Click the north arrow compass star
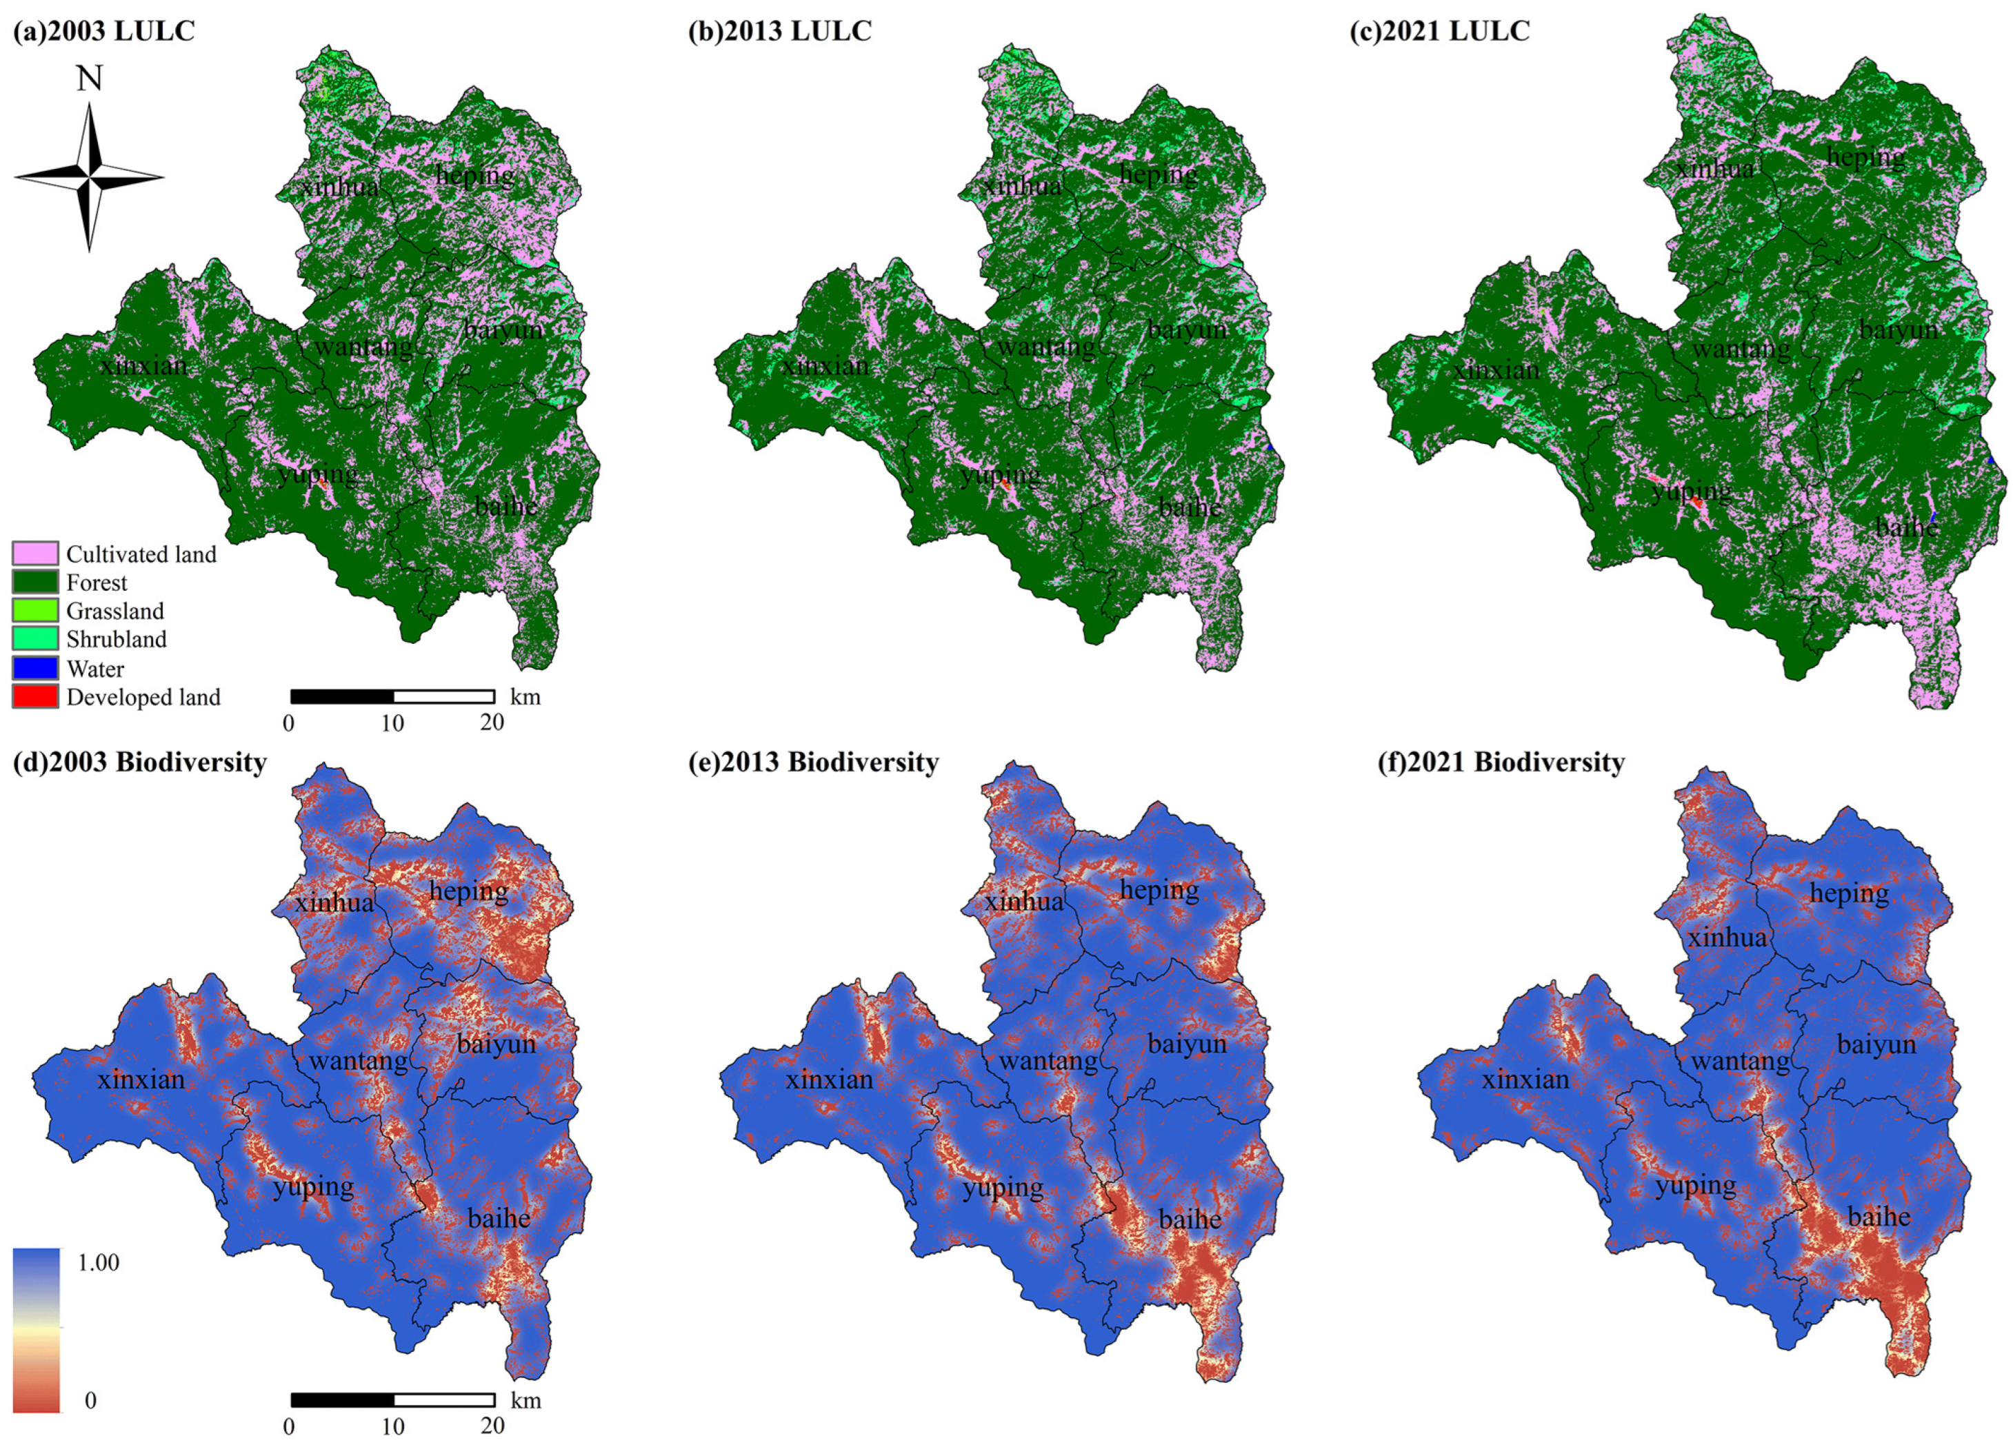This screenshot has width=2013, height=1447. (89, 176)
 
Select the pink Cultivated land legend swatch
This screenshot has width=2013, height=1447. (35, 554)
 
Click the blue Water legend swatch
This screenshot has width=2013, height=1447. (35, 668)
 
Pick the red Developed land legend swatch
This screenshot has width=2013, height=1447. (35, 696)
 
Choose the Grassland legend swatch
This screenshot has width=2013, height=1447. (35, 610)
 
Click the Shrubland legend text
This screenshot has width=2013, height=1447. (117, 639)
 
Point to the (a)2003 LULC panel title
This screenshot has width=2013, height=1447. (104, 31)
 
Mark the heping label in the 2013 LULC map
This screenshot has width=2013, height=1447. (1159, 175)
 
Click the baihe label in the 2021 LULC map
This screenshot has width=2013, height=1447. (1907, 527)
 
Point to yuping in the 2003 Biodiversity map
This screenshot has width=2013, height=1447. (313, 1186)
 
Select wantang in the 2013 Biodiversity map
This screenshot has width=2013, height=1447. (1048, 1060)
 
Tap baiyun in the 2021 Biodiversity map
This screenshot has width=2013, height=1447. (1876, 1044)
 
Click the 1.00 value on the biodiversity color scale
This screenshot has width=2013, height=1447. (99, 1262)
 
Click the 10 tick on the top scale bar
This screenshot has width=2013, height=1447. (392, 723)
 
